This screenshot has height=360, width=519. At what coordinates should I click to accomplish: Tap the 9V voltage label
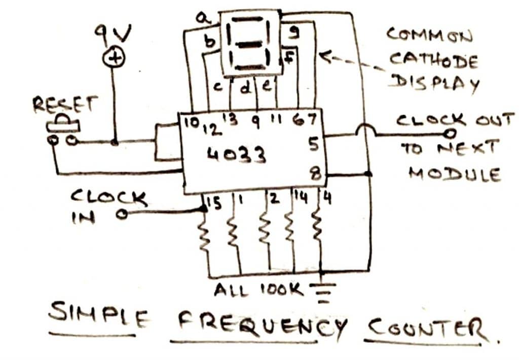(x=113, y=35)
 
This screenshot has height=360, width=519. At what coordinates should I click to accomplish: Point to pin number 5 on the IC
(x=313, y=145)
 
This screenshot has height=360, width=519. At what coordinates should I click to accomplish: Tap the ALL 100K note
(x=258, y=291)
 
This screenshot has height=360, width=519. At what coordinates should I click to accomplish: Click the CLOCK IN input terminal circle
(x=121, y=215)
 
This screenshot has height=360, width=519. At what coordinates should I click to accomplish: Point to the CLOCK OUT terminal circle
(x=449, y=134)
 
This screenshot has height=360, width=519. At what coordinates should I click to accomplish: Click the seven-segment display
(x=250, y=43)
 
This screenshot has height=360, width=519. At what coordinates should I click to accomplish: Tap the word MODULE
(x=454, y=174)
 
